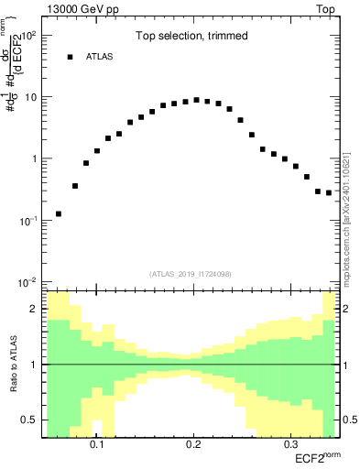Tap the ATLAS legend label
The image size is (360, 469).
(100, 57)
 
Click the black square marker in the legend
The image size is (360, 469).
(70, 57)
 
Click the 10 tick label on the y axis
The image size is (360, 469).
(31, 97)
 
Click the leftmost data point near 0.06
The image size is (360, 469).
(59, 213)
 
